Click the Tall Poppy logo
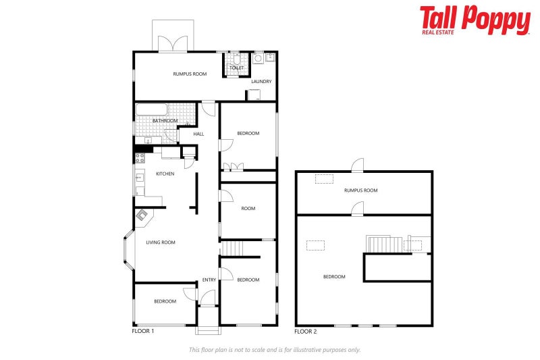475,20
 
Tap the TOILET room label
237,68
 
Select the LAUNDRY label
261,81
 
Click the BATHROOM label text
165,121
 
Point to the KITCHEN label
165,174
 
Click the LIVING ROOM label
161,242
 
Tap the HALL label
198,134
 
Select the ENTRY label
209,280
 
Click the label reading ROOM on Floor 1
248,208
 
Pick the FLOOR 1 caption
143,331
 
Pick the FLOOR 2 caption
306,332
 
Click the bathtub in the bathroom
151,109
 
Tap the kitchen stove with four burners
140,158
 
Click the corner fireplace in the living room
142,216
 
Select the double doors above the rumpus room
173,44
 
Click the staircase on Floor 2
384,244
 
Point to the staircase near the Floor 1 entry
232,249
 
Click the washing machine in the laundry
258,58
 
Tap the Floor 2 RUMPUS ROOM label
361,190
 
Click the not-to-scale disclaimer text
275,350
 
